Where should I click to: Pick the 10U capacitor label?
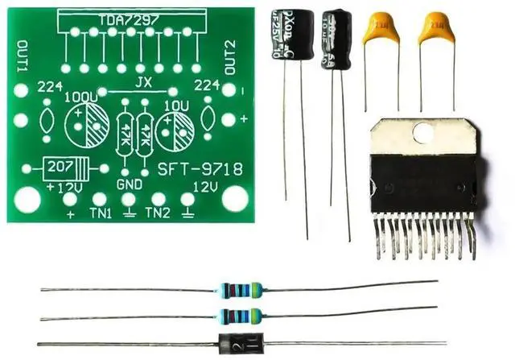click(176, 106)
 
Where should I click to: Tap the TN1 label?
click(100, 213)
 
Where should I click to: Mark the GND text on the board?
click(129, 184)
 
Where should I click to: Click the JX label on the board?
click(142, 83)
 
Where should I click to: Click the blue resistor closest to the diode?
click(240, 312)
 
